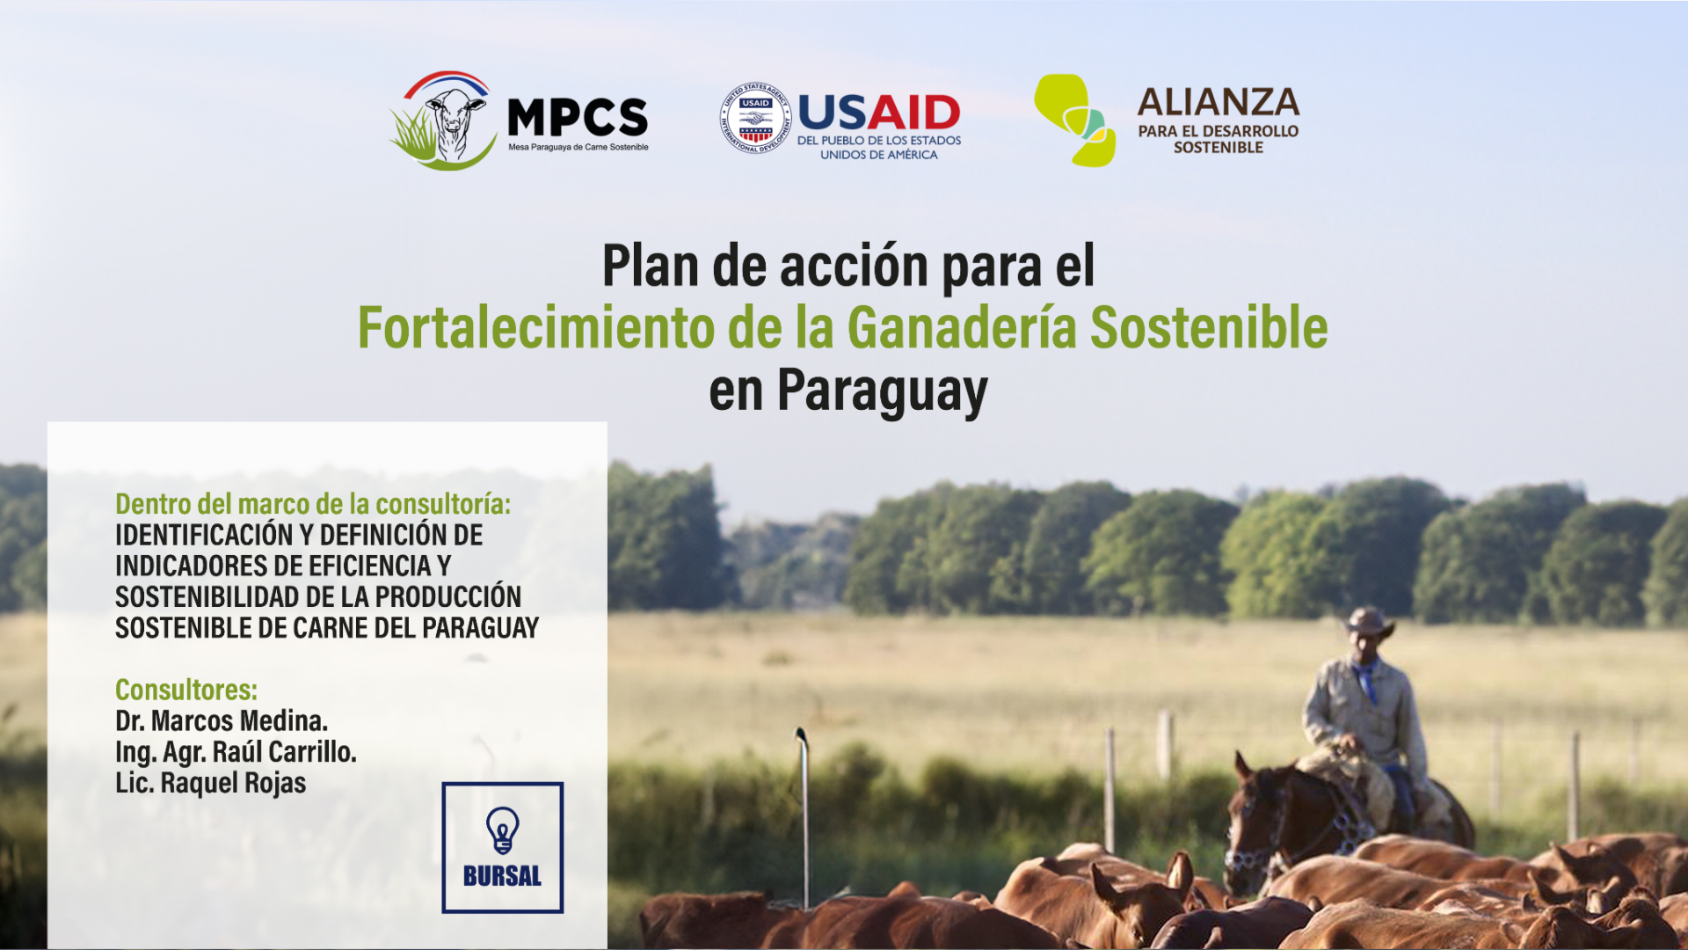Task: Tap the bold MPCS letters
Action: coord(578,118)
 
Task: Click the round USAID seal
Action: coord(755,118)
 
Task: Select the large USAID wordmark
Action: coord(879,113)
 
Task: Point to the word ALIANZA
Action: coord(1219,102)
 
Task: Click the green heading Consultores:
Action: coord(186,690)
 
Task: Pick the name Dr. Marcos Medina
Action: coord(222,721)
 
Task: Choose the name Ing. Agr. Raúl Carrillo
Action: coord(236,752)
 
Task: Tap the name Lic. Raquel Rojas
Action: coord(211,783)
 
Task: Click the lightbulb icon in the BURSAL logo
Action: coord(503,830)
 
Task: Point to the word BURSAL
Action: coord(503,876)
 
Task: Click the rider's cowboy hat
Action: coord(1369,623)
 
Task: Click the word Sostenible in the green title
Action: coord(1209,327)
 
